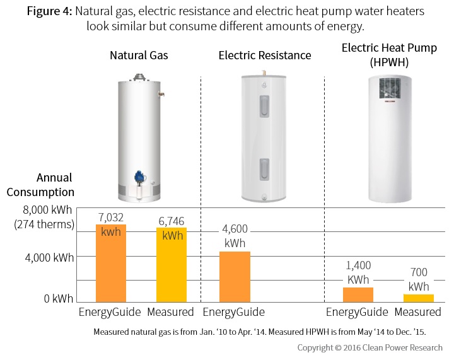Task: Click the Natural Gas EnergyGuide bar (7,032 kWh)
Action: (x=111, y=265)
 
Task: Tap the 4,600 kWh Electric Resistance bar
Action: (x=234, y=278)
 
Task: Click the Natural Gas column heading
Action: (x=139, y=55)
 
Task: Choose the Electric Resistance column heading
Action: (x=264, y=55)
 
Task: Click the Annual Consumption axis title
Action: (x=53, y=185)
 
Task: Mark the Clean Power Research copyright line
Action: (x=370, y=347)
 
